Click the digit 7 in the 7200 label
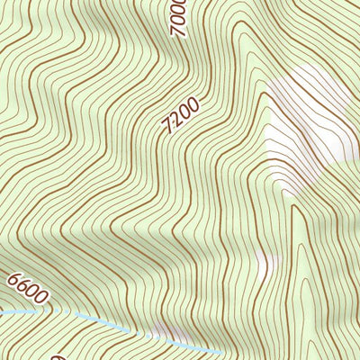pyautogui.click(x=169, y=130)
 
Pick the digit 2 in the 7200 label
pyautogui.click(x=176, y=121)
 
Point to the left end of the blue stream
pyautogui.click(x=3, y=311)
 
